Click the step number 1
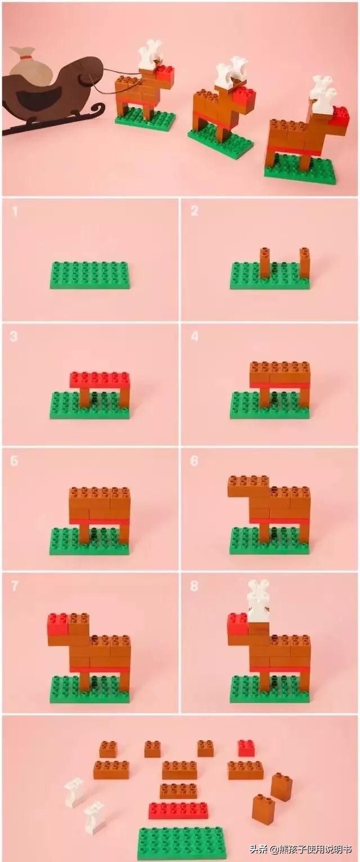coord(15,211)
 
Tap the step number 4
coord(195,336)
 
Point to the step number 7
coord(15,586)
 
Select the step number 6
coord(194,461)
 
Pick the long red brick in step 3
coord(100,380)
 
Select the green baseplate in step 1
coord(89,275)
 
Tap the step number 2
coord(194,211)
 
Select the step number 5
coord(15,461)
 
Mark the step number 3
coord(14,336)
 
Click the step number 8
coord(194,586)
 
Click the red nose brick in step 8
coord(237,624)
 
